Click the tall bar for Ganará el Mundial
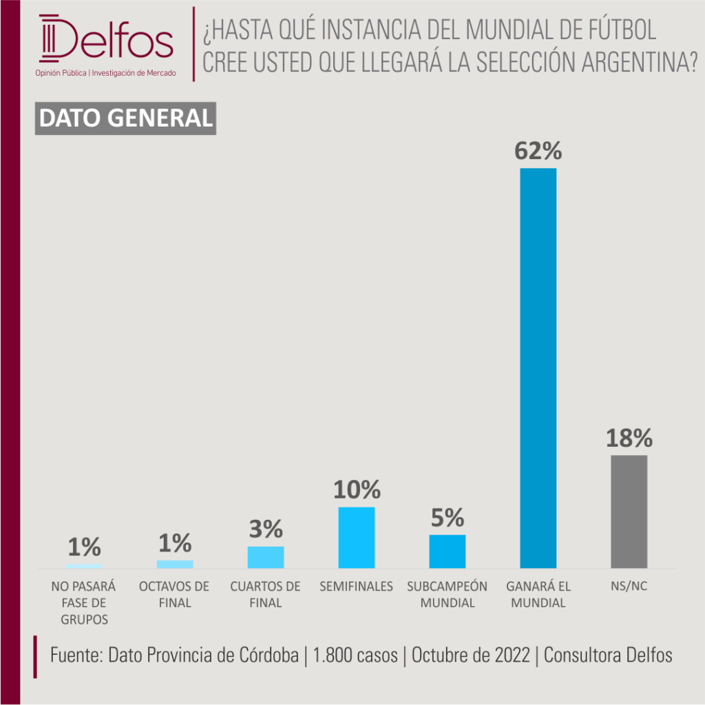[538, 368]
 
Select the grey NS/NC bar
[629, 512]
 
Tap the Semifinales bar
[357, 538]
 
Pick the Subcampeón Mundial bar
[448, 551]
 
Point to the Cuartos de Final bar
[266, 558]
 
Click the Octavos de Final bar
[175, 565]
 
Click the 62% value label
[538, 151]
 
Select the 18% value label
[629, 438]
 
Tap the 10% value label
[357, 490]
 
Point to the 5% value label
[448, 518]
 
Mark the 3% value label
[266, 529]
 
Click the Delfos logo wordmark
[106, 39]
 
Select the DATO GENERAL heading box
[125, 118]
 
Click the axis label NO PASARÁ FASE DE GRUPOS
[83, 603]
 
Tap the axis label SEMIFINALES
[356, 587]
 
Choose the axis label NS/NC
[629, 587]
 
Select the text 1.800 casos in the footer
[355, 655]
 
